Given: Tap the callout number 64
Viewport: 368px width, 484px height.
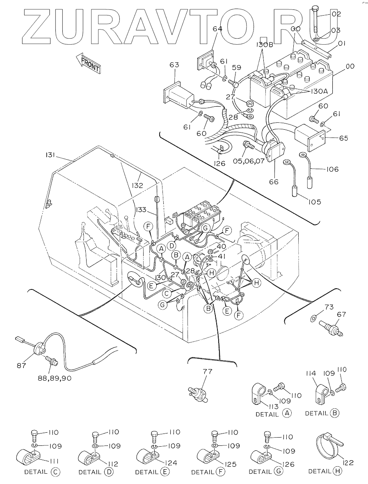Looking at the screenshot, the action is (x=217, y=29).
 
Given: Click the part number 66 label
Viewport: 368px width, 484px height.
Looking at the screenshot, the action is (x=274, y=181).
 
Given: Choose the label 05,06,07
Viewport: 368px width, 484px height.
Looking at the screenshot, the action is (x=249, y=161).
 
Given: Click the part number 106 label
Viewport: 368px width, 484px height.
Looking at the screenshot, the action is (x=331, y=169).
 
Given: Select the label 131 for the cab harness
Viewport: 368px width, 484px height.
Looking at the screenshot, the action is (x=49, y=155).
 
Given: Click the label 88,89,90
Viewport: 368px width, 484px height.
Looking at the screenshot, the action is (x=55, y=378).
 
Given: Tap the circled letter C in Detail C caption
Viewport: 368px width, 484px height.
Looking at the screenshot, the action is (x=56, y=472).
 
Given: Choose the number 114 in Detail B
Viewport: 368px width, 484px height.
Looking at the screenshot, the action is (x=311, y=374).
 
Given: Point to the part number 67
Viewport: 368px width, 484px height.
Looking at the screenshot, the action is (x=341, y=314).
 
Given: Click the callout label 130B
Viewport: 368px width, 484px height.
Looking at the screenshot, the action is (x=264, y=44).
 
